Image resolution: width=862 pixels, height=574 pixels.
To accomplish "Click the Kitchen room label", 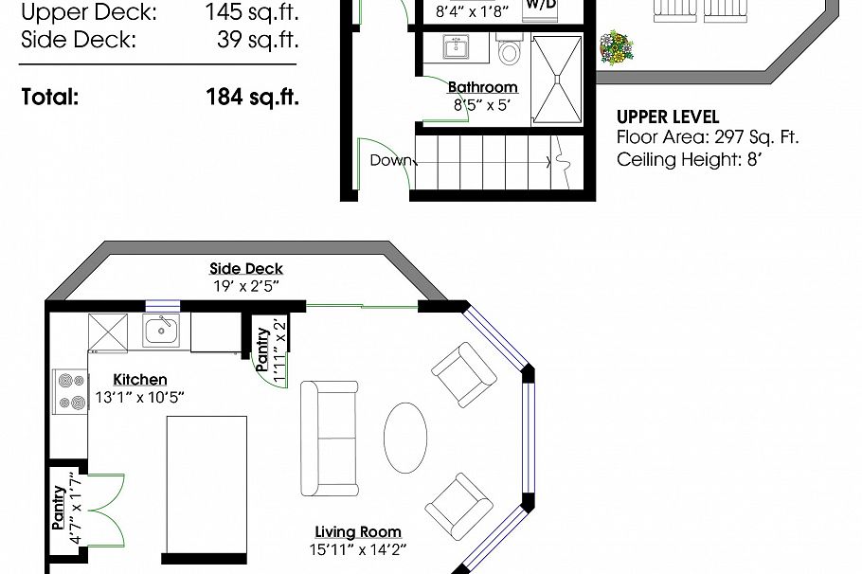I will click(139, 379).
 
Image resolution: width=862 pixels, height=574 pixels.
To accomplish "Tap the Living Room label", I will click(358, 531).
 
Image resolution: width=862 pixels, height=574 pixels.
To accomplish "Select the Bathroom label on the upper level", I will click(482, 88).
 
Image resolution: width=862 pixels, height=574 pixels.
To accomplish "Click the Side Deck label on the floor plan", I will click(246, 269).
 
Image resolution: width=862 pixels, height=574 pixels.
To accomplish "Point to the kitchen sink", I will click(162, 332).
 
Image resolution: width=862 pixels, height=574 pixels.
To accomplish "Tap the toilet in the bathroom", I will click(510, 50).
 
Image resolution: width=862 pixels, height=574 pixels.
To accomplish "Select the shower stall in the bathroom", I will click(558, 80).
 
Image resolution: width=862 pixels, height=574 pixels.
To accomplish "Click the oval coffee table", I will click(405, 438).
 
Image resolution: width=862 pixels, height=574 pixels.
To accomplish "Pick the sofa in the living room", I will click(330, 439).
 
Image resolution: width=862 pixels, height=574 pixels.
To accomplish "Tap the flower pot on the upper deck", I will click(617, 47).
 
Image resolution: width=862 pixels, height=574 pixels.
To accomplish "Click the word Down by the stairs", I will click(391, 160).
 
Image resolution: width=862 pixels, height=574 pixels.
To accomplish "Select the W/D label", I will click(540, 5).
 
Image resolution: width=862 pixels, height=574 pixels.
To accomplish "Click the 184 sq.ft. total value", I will click(252, 96).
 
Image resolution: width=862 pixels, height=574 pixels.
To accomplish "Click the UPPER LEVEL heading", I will click(667, 117).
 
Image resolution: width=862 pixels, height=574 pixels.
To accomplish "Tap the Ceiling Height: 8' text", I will click(690, 159).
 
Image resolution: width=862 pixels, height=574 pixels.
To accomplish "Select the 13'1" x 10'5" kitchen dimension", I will click(139, 398).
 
